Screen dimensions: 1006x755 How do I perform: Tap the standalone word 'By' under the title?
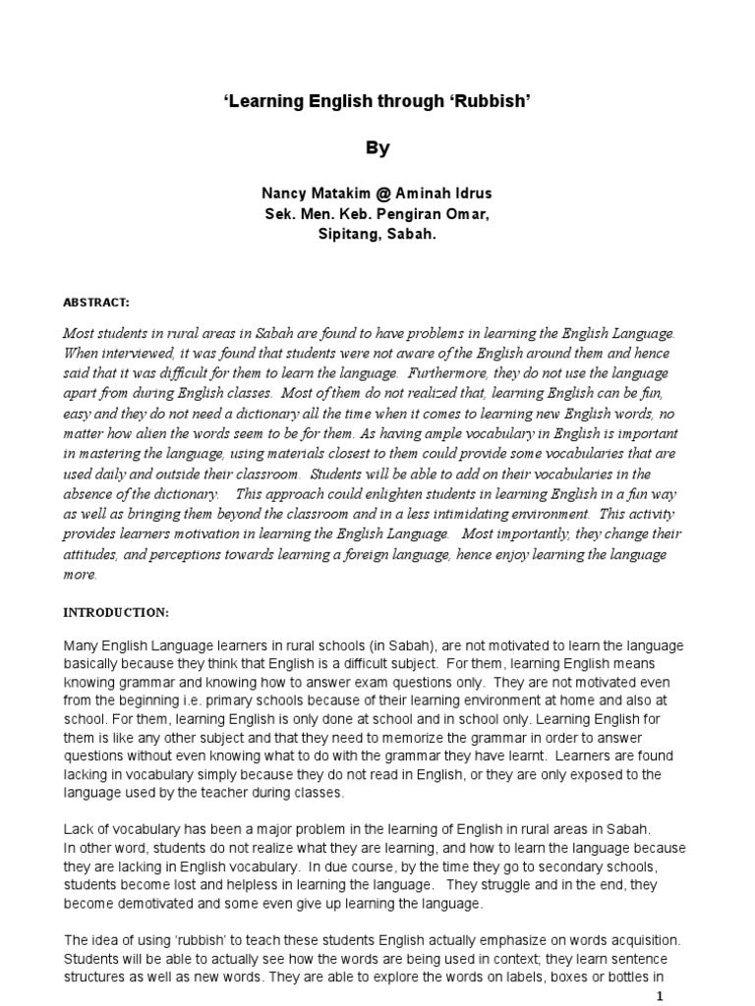377,148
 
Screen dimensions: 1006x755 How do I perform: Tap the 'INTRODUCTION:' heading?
116,612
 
